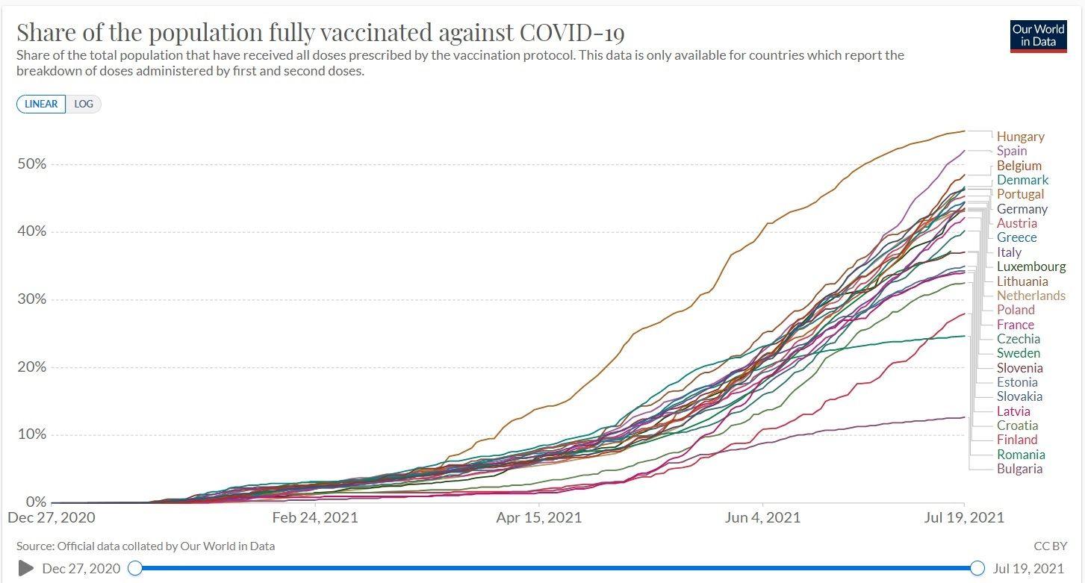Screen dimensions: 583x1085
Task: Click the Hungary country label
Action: click(1020, 137)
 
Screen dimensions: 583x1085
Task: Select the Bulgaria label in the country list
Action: click(1019, 469)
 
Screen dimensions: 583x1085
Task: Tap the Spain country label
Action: click(1012, 151)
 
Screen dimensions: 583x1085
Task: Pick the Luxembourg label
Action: click(1031, 266)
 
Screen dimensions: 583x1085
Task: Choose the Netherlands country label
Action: click(1031, 296)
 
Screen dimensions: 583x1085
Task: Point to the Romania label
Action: click(1021, 455)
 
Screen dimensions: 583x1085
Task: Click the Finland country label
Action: click(1017, 440)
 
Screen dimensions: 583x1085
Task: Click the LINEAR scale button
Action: click(41, 104)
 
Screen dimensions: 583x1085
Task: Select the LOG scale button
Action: click(84, 104)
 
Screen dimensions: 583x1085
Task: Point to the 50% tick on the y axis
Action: click(31, 164)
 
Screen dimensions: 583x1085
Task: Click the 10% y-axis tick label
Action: click(31, 434)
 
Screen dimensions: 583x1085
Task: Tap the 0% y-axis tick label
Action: click(35, 502)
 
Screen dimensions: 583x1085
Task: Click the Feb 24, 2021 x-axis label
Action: click(315, 517)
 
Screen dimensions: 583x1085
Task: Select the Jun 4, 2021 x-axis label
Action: click(762, 517)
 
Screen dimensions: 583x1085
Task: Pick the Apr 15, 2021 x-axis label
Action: click(539, 517)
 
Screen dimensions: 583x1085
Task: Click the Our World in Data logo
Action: click(1038, 34)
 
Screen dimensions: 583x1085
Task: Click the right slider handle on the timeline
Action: click(977, 568)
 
